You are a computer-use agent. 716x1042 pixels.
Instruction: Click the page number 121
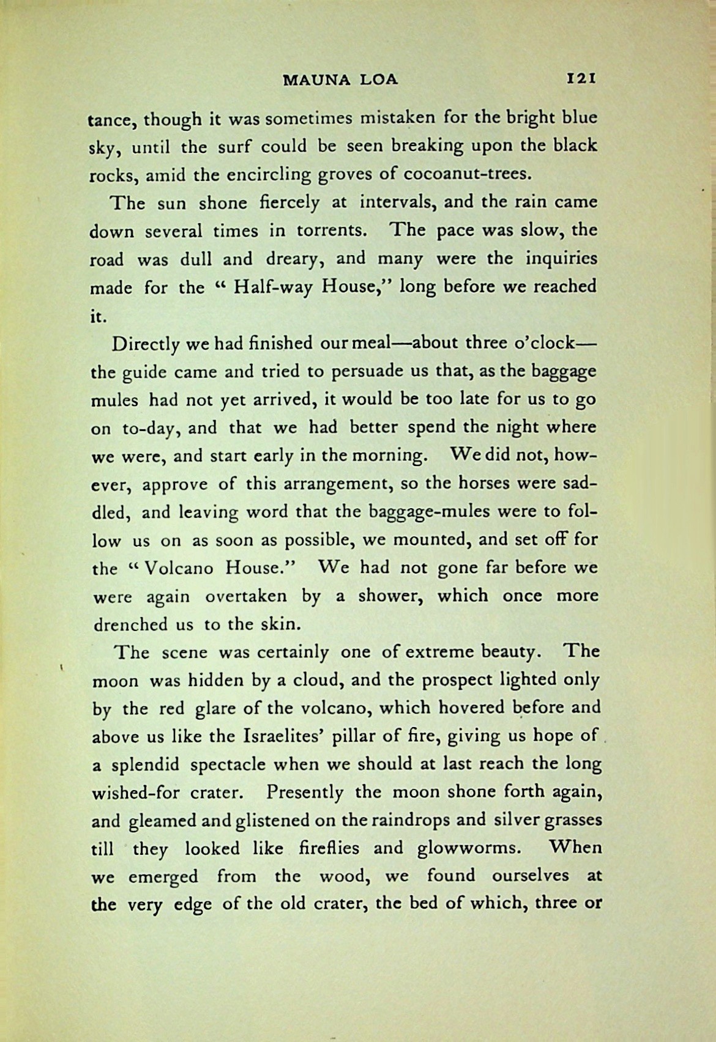pos(581,78)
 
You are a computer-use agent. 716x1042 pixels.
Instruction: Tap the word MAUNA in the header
pos(310,79)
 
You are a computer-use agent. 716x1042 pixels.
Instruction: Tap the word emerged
pos(163,877)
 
